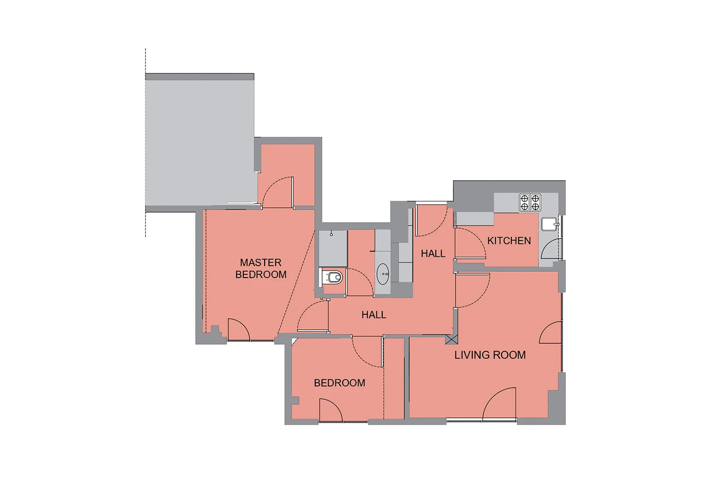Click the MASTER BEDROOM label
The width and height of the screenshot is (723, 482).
(261, 268)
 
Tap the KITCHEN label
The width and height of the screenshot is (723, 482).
(509, 241)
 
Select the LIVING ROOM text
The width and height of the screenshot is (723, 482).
(490, 355)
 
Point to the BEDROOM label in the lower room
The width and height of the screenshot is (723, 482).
(339, 383)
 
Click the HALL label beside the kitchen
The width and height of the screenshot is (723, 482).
(433, 254)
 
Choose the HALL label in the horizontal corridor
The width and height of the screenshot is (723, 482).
(374, 315)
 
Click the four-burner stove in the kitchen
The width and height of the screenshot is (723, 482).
(530, 202)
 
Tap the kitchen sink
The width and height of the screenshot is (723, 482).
(550, 224)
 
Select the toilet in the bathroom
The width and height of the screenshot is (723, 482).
(333, 277)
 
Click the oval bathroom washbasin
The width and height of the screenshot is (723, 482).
(383, 274)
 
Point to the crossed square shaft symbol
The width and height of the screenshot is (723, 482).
(451, 339)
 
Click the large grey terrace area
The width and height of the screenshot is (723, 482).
(200, 142)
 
